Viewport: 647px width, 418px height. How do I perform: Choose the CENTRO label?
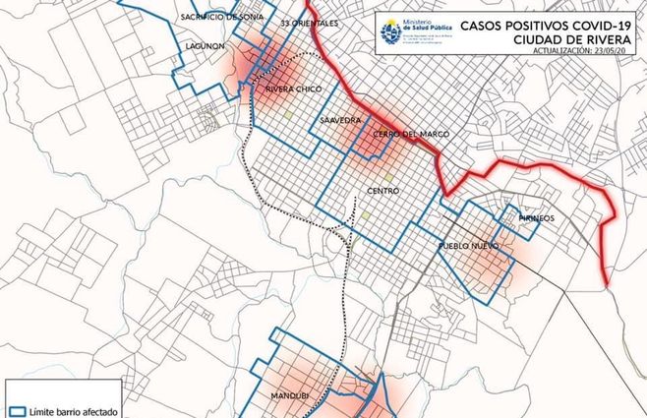click(x=382, y=190)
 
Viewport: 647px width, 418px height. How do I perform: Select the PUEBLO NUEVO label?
click(x=469, y=245)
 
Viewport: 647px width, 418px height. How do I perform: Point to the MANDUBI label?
click(x=289, y=394)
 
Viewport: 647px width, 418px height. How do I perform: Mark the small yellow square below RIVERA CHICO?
click(x=288, y=115)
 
